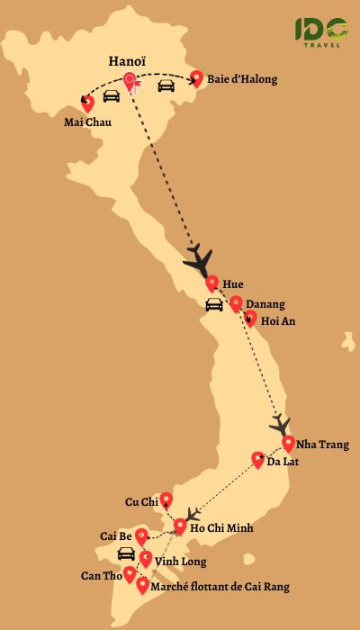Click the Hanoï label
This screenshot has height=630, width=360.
(x=127, y=61)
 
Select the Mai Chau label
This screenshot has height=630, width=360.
(x=88, y=121)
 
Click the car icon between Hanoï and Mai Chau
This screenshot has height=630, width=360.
(x=111, y=95)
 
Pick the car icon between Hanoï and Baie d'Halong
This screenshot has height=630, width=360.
(x=166, y=86)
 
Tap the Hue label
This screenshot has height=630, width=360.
(x=233, y=283)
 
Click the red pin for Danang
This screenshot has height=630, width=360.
(x=236, y=304)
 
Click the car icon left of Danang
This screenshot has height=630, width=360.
(x=214, y=305)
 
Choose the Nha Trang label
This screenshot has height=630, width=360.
(x=321, y=444)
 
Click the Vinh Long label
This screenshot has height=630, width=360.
(x=181, y=562)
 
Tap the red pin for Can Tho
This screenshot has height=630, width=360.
(x=130, y=573)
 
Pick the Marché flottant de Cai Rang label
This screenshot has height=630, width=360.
(x=220, y=587)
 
